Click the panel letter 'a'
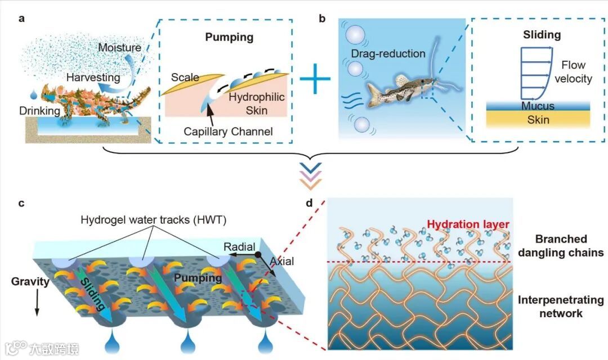pyautogui.click(x=22, y=19)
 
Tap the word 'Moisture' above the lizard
pyautogui.click(x=119, y=48)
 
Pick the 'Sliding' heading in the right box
pyautogui.click(x=542, y=35)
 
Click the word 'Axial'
pyautogui.click(x=281, y=262)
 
